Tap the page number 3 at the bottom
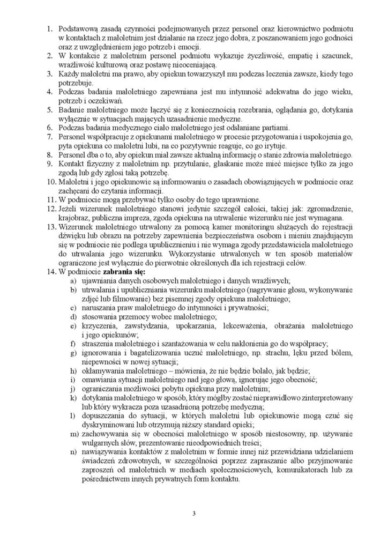coord(193,515)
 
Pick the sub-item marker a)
coord(74,281)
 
